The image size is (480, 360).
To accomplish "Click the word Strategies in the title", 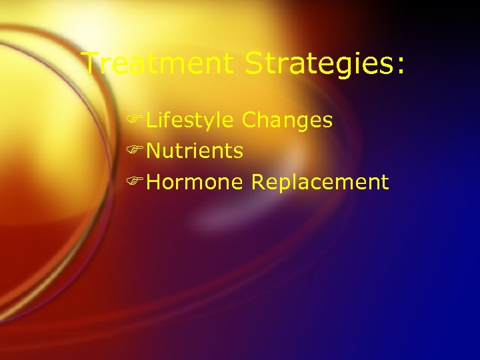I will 319,64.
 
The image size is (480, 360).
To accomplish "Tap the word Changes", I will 287,121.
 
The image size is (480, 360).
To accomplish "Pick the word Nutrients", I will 194,151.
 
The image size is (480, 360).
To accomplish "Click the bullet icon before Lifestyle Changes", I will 138,121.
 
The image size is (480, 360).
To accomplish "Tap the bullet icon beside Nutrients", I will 138,151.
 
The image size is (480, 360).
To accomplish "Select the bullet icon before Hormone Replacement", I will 138,182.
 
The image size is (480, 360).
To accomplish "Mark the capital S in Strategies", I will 255,64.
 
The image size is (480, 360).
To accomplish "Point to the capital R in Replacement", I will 258,182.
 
